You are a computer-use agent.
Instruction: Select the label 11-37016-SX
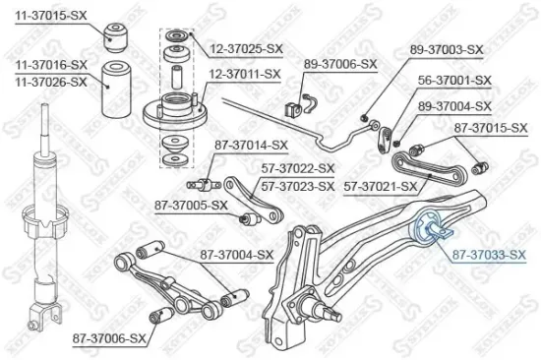[x=50, y=66]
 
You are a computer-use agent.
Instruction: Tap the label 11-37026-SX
[x=50, y=82]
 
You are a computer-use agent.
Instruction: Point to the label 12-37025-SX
[x=244, y=47]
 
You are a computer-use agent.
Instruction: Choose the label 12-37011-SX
[x=244, y=73]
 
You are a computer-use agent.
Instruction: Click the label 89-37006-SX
[x=340, y=64]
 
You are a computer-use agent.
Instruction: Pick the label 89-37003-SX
[x=446, y=48]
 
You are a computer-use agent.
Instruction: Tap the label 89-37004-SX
[x=454, y=104]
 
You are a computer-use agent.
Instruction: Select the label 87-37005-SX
[x=190, y=205]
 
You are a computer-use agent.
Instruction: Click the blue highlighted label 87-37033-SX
[x=489, y=256]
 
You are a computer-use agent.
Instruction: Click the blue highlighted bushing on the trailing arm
[x=433, y=229]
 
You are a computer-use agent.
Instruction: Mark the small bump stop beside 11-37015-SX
[x=118, y=36]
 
